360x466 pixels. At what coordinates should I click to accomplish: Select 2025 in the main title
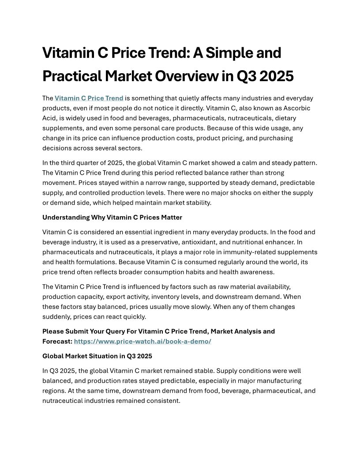click(x=276, y=76)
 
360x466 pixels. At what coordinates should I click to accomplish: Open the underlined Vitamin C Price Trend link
click(x=89, y=98)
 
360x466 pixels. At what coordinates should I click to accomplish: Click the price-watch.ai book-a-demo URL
click(x=142, y=341)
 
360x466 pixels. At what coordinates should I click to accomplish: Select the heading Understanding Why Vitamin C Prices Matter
click(x=112, y=217)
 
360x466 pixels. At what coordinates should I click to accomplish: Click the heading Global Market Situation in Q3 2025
click(x=97, y=356)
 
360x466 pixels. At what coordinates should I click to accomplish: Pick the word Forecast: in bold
click(x=57, y=341)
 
